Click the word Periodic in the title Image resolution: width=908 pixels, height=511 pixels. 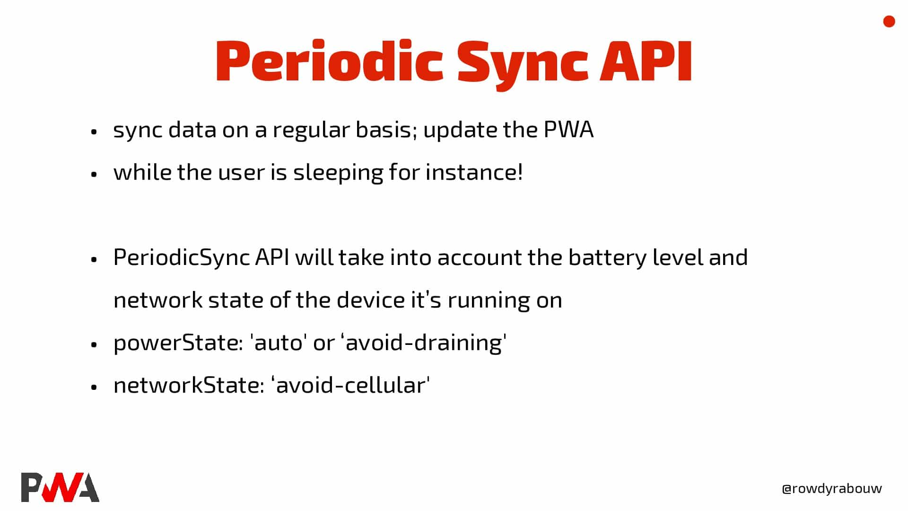[329, 62]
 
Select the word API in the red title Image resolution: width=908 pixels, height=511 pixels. [646, 62]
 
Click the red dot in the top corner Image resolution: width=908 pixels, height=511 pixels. [889, 22]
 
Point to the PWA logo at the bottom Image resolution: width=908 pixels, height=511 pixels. [60, 487]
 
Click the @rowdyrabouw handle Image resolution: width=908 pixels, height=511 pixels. [832, 489]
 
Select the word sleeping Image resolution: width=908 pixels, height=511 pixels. [338, 173]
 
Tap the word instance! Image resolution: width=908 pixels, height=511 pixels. [474, 172]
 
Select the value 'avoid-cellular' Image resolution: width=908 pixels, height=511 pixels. [350, 385]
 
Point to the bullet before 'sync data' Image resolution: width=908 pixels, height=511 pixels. [94, 132]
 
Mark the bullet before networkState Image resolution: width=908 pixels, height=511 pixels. [94, 387]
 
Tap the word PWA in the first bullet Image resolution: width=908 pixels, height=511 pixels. [568, 130]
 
